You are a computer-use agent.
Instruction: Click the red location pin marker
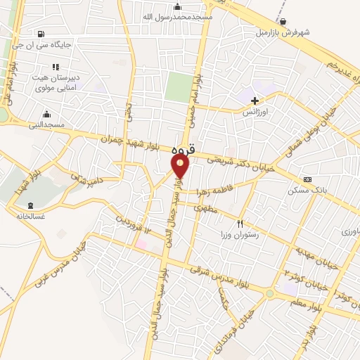(181, 165)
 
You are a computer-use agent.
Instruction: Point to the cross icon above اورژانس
(255, 101)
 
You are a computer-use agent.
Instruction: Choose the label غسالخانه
(26, 215)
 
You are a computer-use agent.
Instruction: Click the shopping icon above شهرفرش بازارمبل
(283, 22)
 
